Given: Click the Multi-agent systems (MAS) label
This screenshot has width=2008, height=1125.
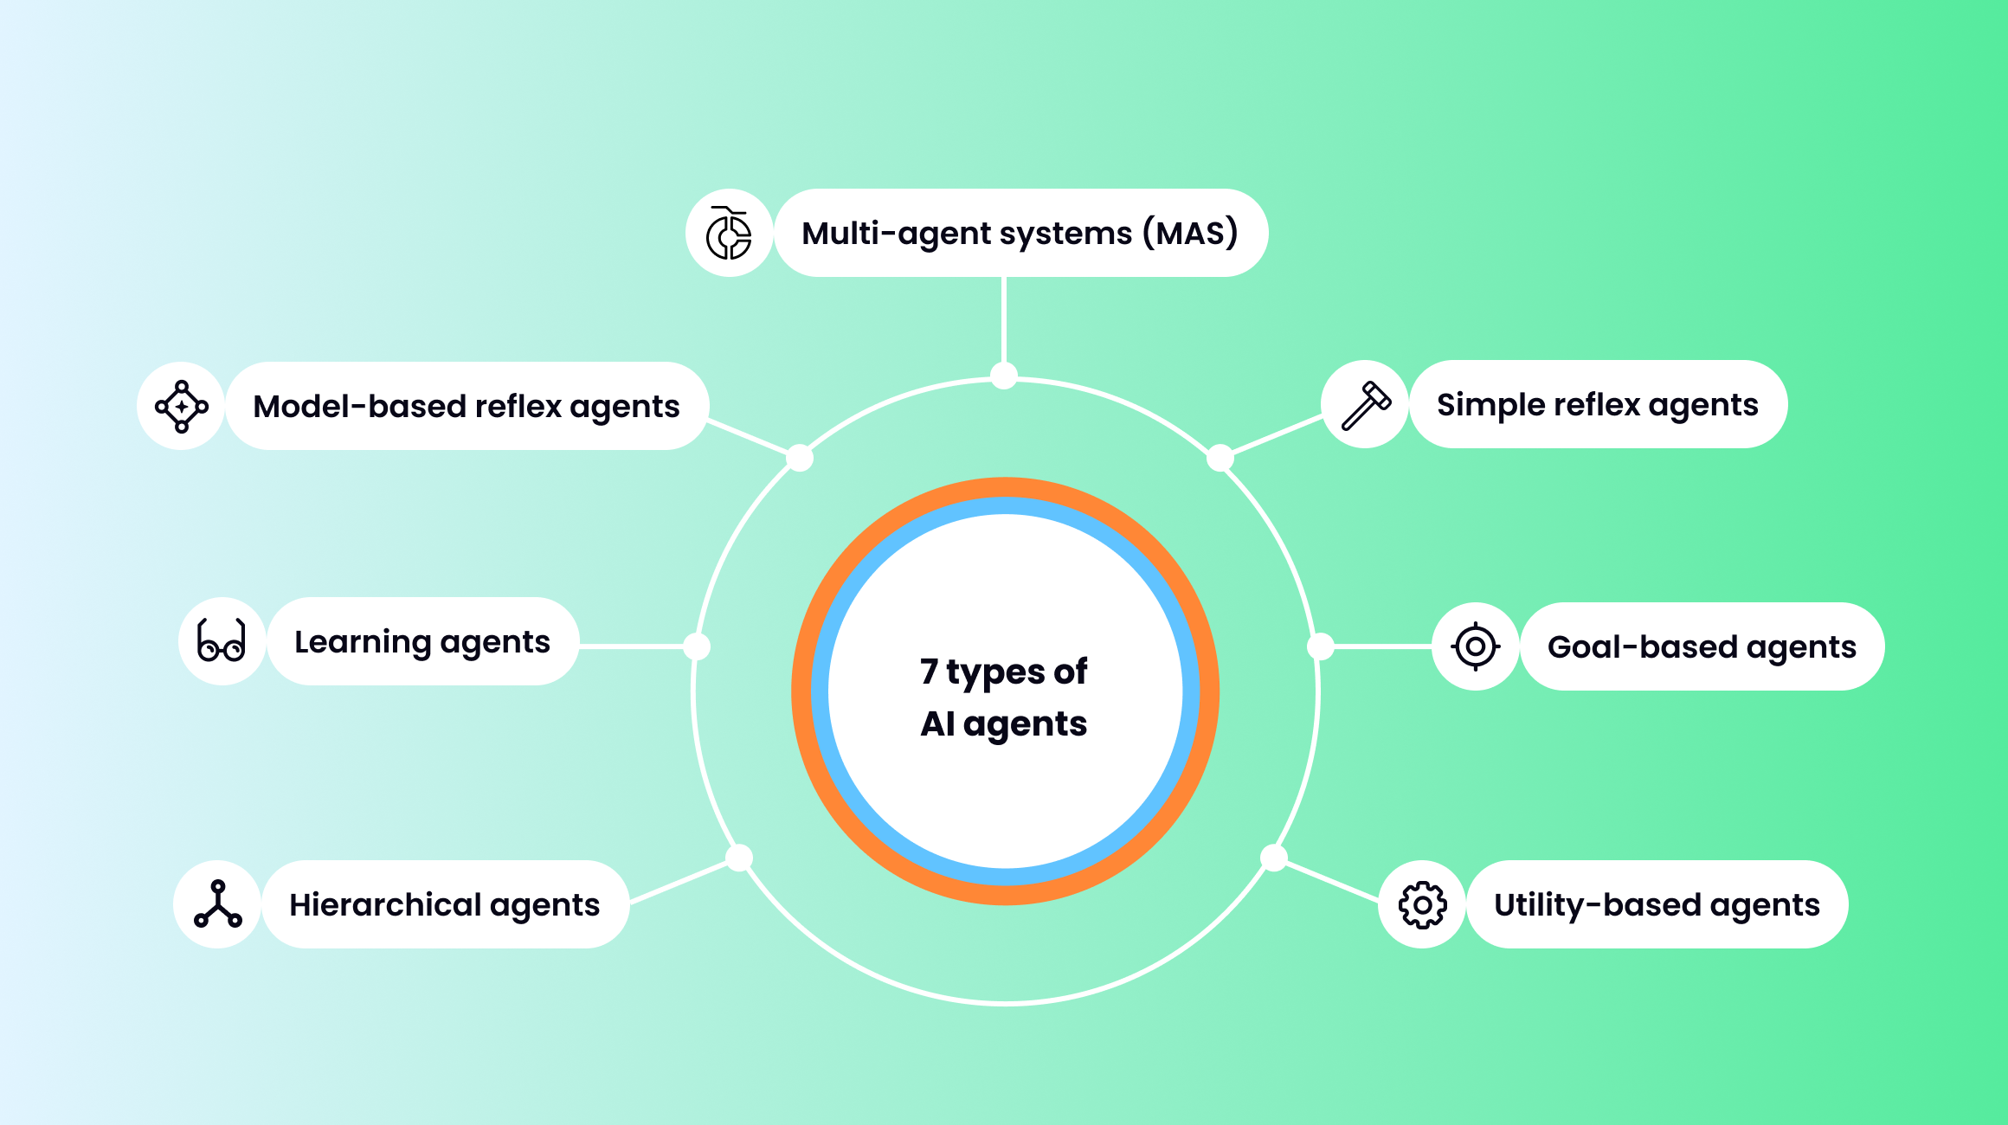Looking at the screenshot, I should point(1020,234).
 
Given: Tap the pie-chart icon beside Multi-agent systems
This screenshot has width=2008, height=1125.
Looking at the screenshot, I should point(729,234).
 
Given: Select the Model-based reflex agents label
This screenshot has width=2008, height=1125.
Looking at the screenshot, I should point(466,407).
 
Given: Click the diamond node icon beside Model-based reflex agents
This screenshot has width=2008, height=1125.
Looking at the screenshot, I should point(182,407).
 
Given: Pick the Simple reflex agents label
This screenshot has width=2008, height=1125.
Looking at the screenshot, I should point(1597,405).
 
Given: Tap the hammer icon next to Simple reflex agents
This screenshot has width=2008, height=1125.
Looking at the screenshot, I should point(1366,405).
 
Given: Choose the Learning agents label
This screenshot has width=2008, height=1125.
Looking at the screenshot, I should point(422,642).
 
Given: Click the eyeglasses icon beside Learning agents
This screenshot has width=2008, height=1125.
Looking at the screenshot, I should point(222,642).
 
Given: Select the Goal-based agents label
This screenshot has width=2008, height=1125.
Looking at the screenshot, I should point(1702,647).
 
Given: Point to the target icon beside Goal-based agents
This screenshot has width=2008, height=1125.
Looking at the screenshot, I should point(1476,647).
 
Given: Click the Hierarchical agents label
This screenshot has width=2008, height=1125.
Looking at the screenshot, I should point(444,905).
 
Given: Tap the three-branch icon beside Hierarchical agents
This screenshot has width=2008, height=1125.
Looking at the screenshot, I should point(218,905).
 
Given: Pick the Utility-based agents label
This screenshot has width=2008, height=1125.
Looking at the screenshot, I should point(1657,905).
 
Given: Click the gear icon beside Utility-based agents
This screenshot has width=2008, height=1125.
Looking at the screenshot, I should point(1422,905).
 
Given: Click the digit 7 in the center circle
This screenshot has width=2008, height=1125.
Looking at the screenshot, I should point(929,672).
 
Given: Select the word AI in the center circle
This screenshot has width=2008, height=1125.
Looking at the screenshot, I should point(937,723).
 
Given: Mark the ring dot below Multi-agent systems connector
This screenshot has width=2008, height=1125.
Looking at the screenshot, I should point(1004,376).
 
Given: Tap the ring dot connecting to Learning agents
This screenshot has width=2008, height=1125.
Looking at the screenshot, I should point(697,646).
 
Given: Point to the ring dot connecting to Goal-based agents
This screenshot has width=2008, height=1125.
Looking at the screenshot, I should point(1320,646).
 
